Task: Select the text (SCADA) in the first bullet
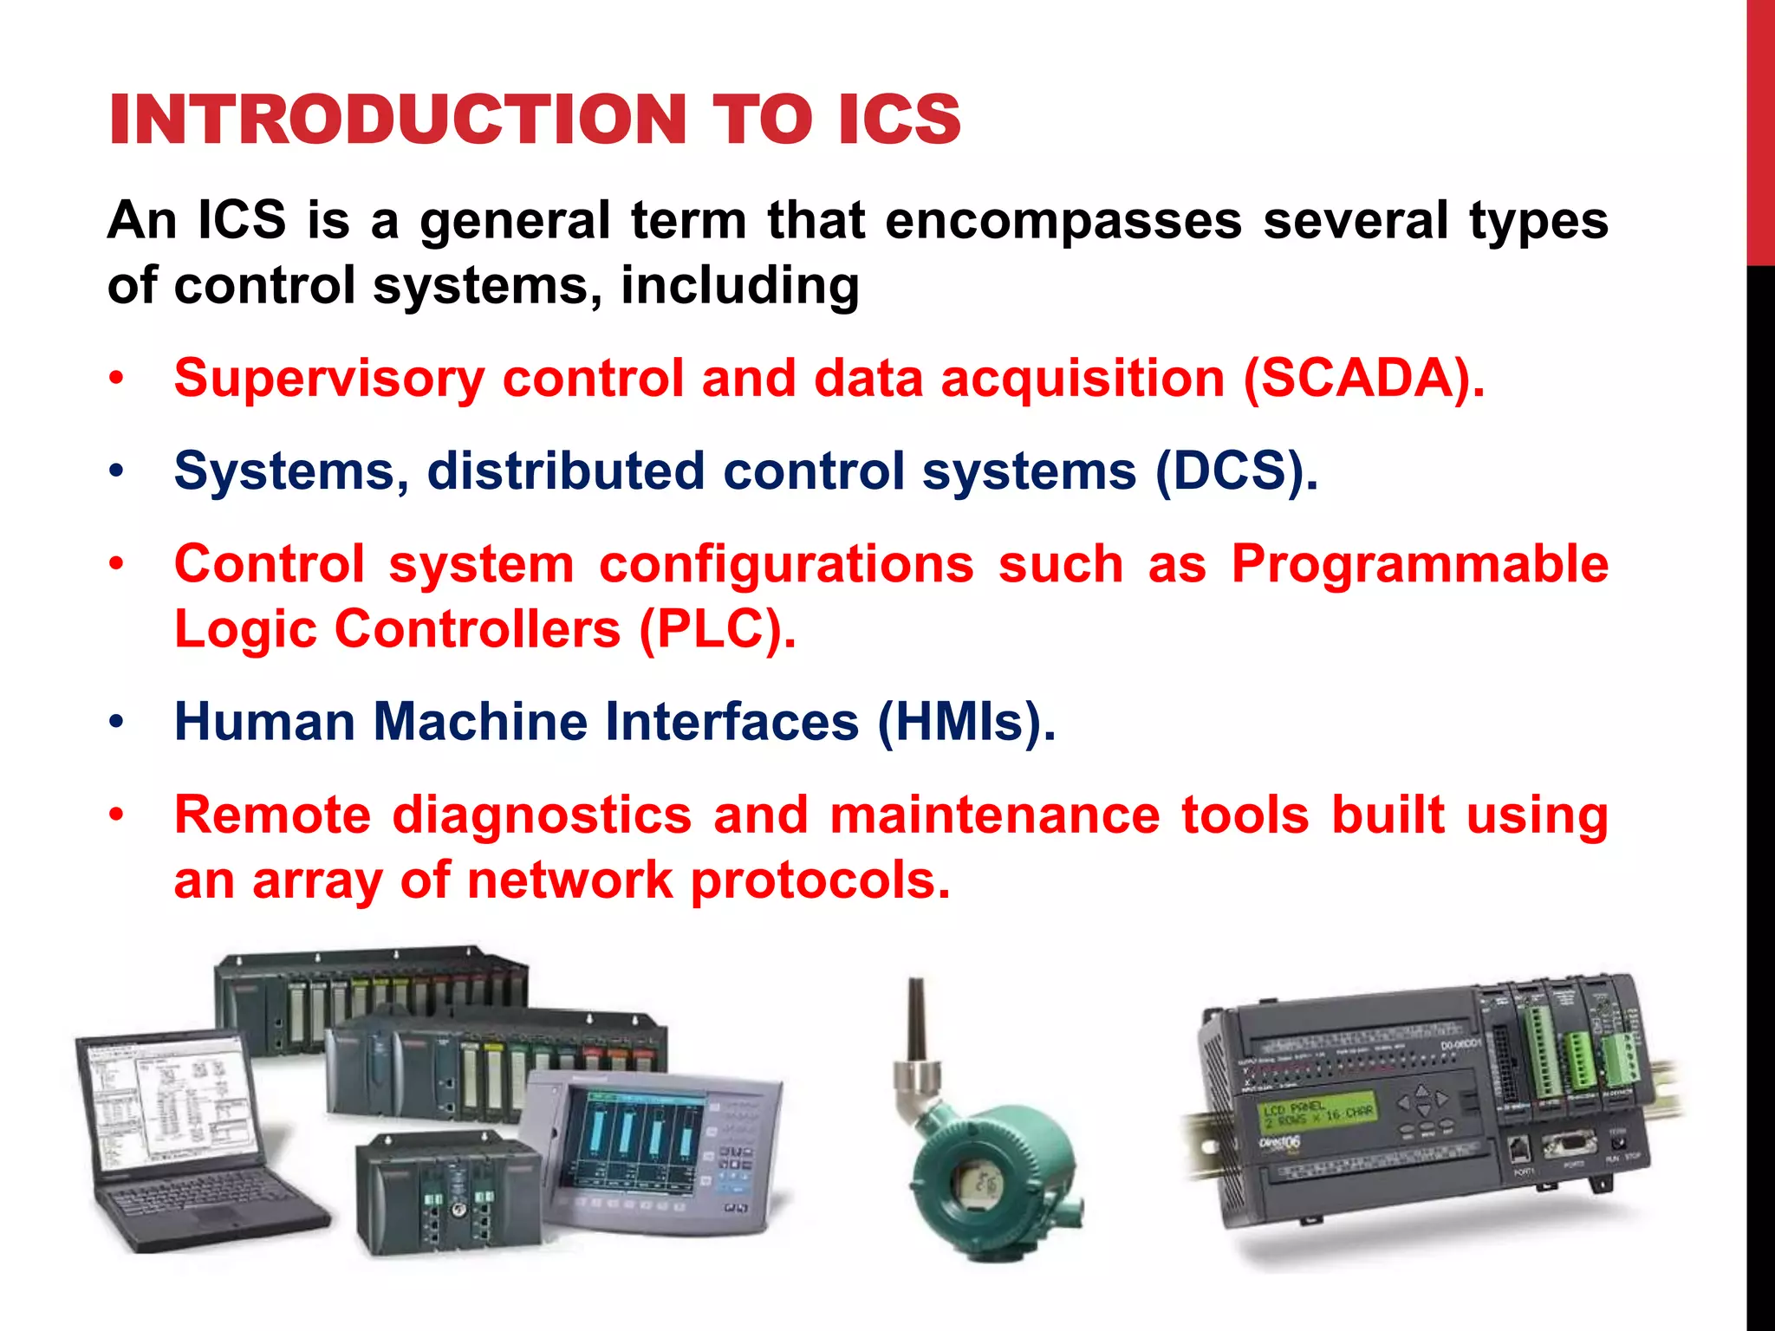click(1362, 379)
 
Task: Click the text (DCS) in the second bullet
click(1235, 471)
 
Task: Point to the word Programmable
click(1420, 564)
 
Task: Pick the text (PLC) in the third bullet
click(716, 628)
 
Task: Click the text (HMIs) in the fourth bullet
click(966, 722)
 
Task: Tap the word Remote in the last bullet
click(272, 815)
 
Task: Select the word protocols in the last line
click(820, 880)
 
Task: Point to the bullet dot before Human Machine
click(117, 722)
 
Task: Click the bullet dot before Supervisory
click(117, 380)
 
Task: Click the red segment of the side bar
click(1760, 130)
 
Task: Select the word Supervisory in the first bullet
click(328, 379)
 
